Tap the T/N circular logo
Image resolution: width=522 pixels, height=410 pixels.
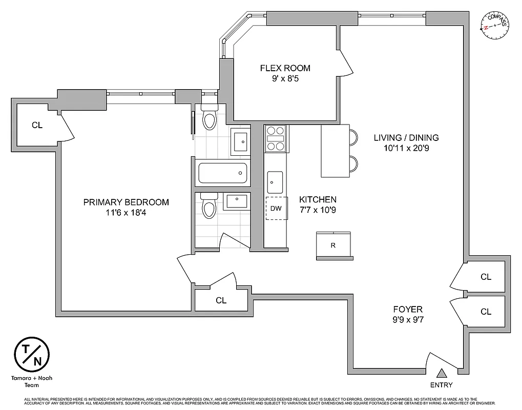(x=31, y=354)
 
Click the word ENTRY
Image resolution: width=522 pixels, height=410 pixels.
(x=441, y=385)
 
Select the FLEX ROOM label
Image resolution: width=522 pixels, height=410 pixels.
(x=285, y=68)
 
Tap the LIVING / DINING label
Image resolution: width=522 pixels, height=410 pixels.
(x=406, y=137)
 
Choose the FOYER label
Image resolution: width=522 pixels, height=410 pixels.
(x=408, y=309)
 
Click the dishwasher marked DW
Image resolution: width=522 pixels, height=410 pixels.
(x=276, y=209)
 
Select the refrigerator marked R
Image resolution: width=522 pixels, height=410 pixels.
(x=333, y=245)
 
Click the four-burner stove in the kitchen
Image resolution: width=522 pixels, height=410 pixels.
(x=276, y=138)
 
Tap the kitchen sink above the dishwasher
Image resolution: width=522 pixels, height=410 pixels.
(x=275, y=180)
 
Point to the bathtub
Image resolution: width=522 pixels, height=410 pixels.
(x=222, y=173)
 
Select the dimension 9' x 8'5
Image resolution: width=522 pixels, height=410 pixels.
(x=285, y=79)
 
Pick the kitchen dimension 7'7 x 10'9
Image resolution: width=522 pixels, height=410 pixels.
(x=318, y=209)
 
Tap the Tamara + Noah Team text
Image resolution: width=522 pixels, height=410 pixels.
(x=31, y=382)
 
